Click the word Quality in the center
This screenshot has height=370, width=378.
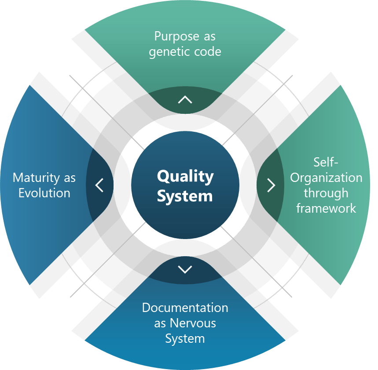coord(185,177)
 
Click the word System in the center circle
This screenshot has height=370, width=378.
coord(185,196)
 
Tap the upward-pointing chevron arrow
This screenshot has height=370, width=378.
coord(185,100)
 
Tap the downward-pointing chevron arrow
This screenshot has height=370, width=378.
coord(185,269)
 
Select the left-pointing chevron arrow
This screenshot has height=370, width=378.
coord(99,185)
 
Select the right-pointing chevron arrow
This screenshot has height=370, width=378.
coord(271,185)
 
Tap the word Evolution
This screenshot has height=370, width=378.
coord(44,193)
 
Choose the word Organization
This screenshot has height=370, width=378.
coord(326,178)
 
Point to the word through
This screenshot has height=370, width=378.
coord(326,193)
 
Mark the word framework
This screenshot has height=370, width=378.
coord(326,208)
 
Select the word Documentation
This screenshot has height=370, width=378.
coord(185,308)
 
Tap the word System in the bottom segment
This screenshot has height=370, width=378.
coord(185,339)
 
